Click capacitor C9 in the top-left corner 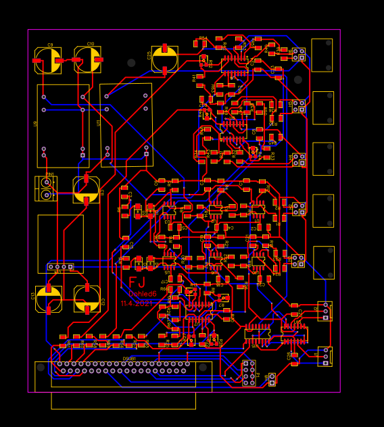[48, 60]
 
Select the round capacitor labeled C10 [88, 59]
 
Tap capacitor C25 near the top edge [164, 59]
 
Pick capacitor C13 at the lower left [48, 299]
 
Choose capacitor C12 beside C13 [87, 299]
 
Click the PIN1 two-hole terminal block [46, 189]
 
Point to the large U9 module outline [63, 126]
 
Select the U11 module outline [126, 125]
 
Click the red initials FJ [137, 282]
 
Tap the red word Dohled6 [143, 294]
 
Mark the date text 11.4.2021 [137, 304]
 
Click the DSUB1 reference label [129, 359]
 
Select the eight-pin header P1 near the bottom [249, 373]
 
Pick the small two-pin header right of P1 [272, 379]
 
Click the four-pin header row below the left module [60, 267]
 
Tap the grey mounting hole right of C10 [131, 63]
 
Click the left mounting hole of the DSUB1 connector [41, 368]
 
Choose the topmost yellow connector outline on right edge [322, 55]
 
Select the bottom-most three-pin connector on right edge [325, 356]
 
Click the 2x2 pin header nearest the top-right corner [298, 54]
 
